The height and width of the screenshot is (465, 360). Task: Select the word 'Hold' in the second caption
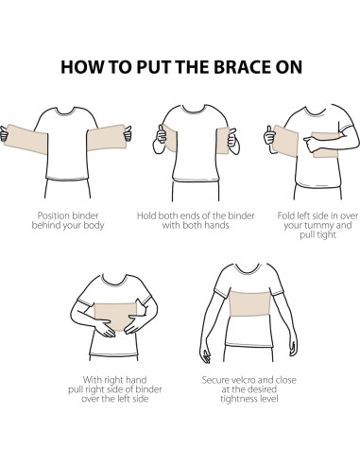146,215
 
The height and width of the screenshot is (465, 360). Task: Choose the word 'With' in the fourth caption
93,380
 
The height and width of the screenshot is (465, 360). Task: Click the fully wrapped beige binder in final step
249,303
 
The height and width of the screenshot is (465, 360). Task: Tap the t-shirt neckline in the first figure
66,112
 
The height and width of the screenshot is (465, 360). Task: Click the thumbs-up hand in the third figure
269,137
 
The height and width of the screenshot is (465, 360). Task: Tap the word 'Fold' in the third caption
285,215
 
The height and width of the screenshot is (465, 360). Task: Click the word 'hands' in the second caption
216,225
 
